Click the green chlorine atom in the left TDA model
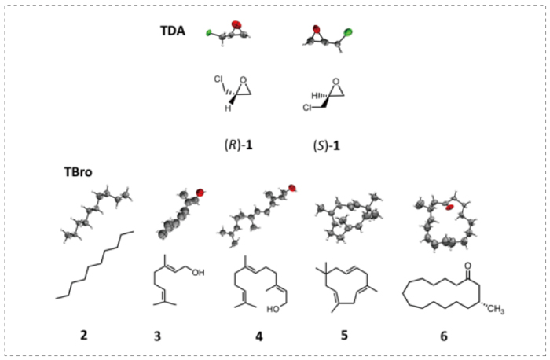point(210,33)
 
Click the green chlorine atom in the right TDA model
point(347,33)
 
